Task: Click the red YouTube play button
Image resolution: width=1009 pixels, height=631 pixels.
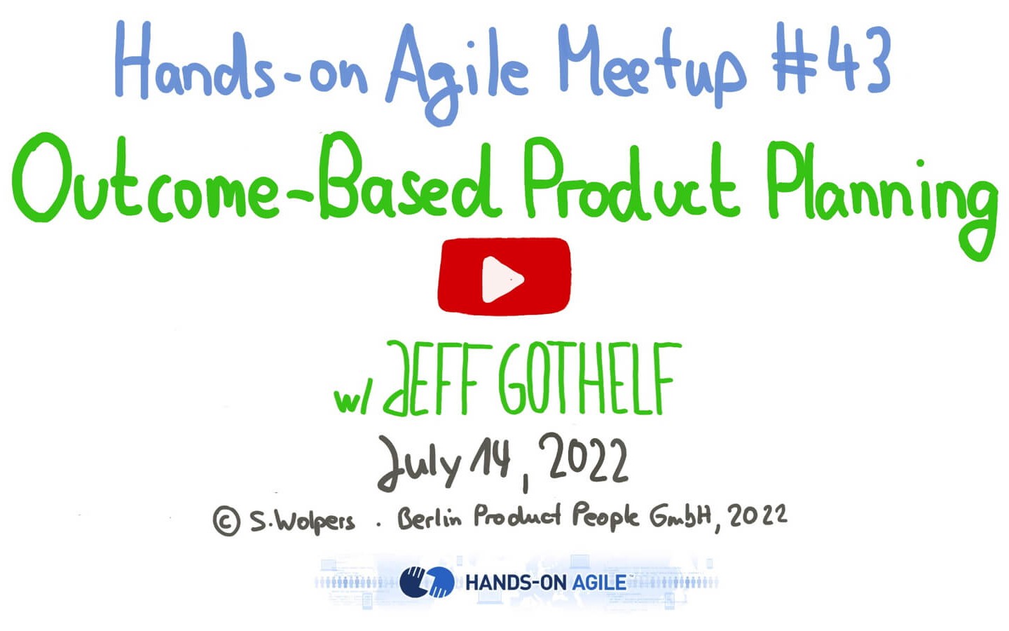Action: (x=504, y=276)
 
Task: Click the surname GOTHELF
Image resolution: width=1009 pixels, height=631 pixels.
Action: (x=589, y=378)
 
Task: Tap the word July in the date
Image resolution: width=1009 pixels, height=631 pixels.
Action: (x=420, y=464)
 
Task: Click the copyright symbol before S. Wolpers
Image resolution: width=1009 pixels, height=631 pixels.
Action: (x=226, y=521)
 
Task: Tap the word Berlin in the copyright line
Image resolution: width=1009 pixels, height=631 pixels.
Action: (x=430, y=517)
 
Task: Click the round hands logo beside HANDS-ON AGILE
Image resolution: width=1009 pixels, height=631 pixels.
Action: (x=427, y=582)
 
